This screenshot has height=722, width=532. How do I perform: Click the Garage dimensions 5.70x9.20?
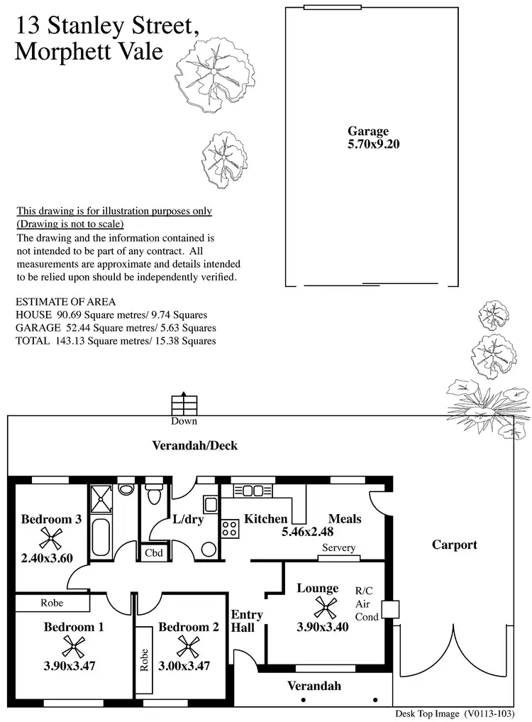point(368,143)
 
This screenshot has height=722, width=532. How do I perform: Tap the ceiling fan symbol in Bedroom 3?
point(51,537)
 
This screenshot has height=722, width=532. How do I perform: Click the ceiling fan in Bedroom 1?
point(74,645)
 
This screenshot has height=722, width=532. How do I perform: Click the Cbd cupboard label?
point(153,552)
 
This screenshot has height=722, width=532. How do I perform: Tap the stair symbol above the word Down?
point(183,404)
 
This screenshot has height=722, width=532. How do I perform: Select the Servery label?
point(338,548)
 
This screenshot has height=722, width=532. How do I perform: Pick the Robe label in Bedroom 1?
point(52,603)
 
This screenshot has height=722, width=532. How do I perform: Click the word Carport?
point(455,545)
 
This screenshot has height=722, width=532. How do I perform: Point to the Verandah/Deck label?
point(195,446)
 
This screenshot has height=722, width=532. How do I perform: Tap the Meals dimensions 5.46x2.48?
point(308,531)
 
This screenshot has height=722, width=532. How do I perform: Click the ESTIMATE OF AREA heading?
point(65,302)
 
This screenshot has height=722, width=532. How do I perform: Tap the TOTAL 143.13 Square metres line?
point(116,341)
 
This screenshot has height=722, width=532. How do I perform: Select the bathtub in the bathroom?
point(100,540)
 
